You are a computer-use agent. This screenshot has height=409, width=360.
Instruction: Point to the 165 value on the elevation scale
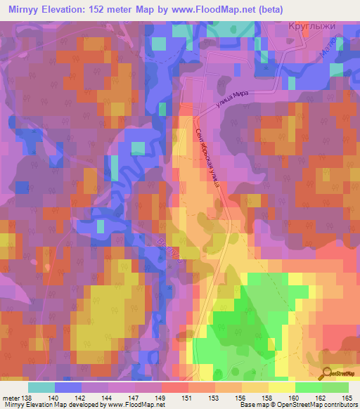click(347, 398)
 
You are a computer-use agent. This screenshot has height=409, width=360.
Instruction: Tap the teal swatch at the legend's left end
click(41, 387)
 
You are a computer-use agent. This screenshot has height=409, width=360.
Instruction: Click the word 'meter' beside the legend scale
click(11, 398)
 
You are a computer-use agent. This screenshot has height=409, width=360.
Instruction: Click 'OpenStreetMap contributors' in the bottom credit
click(320, 405)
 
